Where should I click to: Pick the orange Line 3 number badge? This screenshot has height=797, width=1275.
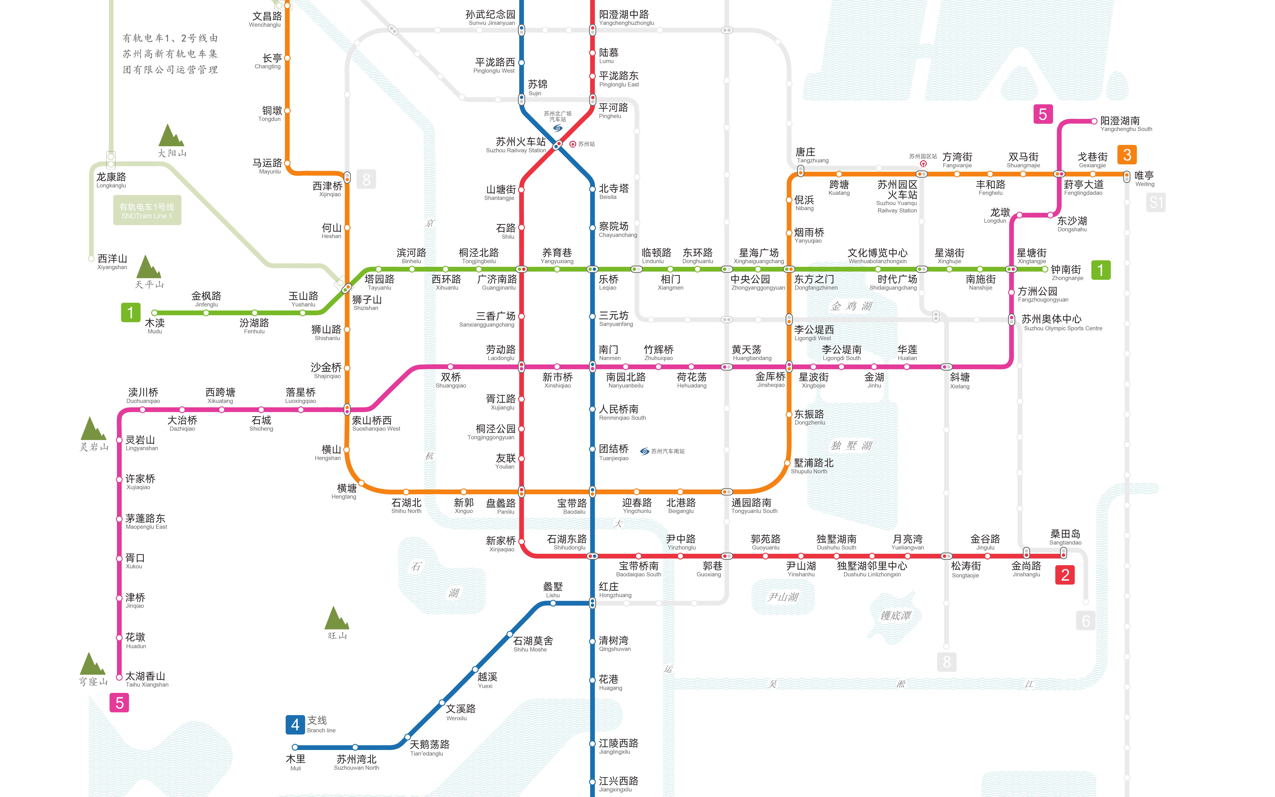pyautogui.click(x=1127, y=155)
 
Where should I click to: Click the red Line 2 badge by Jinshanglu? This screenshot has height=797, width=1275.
pyautogui.click(x=1065, y=575)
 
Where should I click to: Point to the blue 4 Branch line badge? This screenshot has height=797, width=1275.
pyautogui.click(x=295, y=725)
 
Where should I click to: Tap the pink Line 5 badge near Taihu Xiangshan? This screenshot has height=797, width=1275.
pyautogui.click(x=120, y=703)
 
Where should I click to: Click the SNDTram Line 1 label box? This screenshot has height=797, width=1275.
pyautogui.click(x=147, y=211)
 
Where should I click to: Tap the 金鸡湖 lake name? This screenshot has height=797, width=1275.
pyautogui.click(x=852, y=306)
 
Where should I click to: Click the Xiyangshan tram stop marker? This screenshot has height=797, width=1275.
pyautogui.click(x=91, y=259)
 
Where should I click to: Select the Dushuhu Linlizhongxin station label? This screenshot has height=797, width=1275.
pyautogui.click(x=872, y=569)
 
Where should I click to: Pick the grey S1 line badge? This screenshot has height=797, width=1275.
pyautogui.click(x=1156, y=202)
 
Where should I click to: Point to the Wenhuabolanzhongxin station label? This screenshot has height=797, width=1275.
pyautogui.click(x=877, y=256)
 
